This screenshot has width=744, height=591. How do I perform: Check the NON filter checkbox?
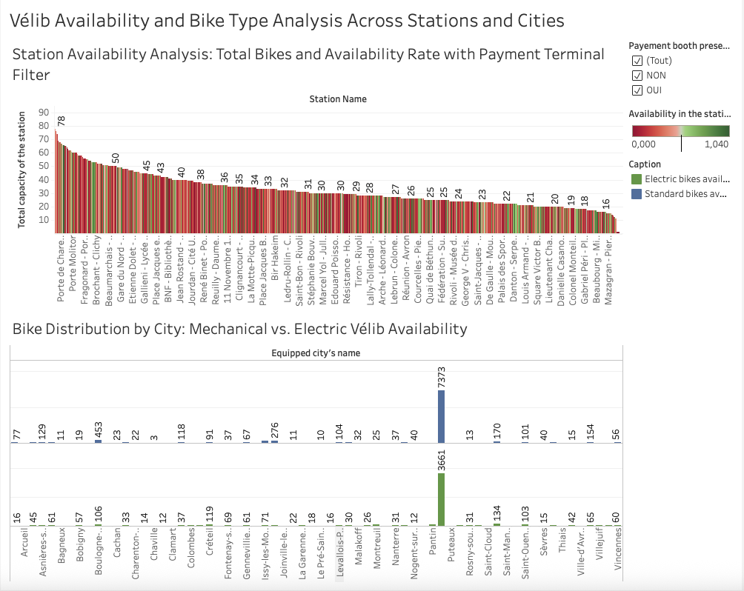[637, 75]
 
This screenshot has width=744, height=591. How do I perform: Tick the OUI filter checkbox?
[637, 90]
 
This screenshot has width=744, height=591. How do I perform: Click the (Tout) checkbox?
[637, 60]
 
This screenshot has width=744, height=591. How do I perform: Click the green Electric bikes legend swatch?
[635, 179]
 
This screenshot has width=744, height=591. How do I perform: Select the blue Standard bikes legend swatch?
[635, 194]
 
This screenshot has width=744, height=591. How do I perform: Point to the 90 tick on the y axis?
[43, 113]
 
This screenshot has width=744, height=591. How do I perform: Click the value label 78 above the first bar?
[62, 121]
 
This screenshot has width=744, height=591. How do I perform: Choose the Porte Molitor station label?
[73, 262]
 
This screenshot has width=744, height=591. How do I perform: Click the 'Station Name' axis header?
[337, 99]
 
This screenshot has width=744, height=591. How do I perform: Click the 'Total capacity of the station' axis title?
[23, 170]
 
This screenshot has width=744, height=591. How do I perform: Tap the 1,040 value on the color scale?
[716, 144]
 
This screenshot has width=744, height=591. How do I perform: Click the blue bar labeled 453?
[98, 441]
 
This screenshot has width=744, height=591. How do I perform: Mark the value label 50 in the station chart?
[116, 158]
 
